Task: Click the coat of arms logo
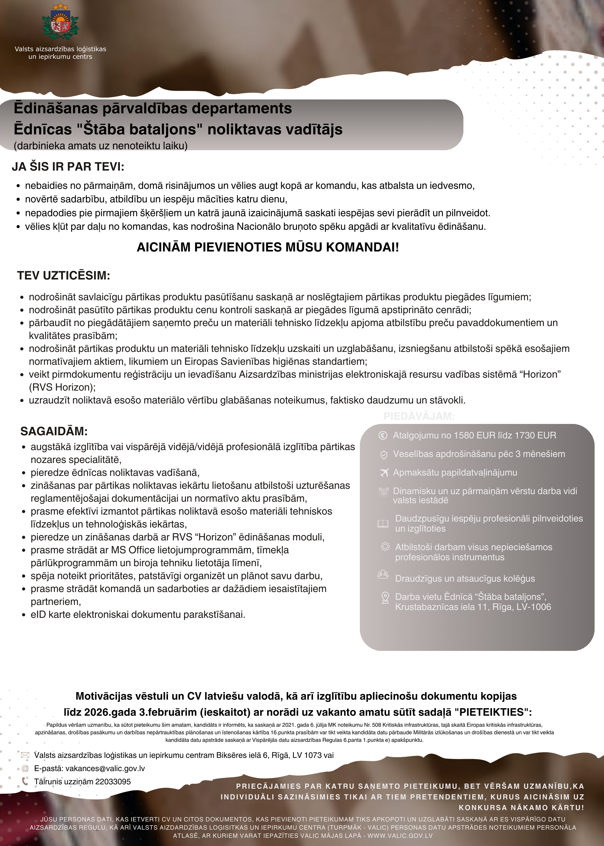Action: click(x=60, y=23)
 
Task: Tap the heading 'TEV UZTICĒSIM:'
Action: click(x=64, y=276)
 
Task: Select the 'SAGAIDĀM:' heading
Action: click(x=54, y=431)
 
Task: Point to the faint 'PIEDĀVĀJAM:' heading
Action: click(x=419, y=416)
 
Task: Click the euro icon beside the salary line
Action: click(x=383, y=435)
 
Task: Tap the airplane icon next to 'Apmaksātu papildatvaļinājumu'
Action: click(x=384, y=472)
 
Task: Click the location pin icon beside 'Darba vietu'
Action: click(x=385, y=598)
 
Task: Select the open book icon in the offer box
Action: click(x=383, y=523)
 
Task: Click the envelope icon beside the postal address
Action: click(x=25, y=755)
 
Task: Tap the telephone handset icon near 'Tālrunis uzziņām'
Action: click(x=25, y=781)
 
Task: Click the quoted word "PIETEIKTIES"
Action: click(x=493, y=712)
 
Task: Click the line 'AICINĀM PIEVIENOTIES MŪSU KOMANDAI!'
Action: click(x=268, y=247)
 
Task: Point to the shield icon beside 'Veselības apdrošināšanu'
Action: click(x=383, y=454)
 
